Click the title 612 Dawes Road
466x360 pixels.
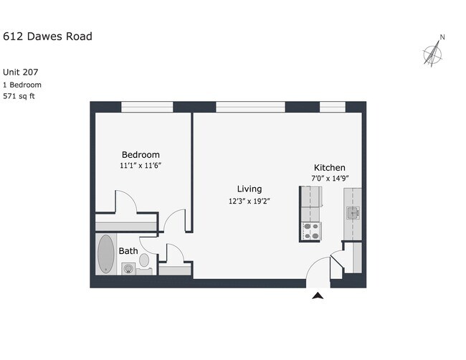coord(47,37)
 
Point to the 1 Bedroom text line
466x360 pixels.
coord(22,84)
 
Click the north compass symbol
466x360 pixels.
coord(432,52)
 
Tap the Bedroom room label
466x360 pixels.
coord(141,155)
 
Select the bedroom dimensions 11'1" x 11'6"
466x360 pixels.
coord(141,166)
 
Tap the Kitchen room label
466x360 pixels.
coord(329,167)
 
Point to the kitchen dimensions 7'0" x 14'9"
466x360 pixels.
coord(329,178)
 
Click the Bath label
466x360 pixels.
coord(128,251)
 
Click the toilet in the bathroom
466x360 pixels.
coord(144,260)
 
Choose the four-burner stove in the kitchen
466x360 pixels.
coord(311,231)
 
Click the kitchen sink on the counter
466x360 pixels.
coord(353,212)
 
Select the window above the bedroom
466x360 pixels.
coord(147,107)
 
